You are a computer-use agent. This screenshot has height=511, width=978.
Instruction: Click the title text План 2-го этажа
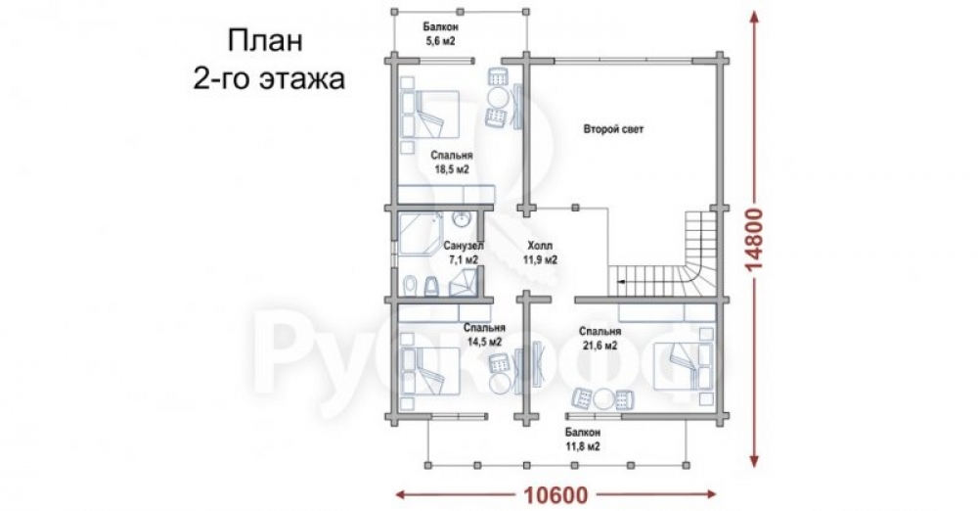point(269,60)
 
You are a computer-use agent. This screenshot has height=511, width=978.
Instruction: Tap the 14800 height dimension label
point(755,240)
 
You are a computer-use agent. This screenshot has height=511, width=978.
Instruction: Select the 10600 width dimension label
point(556,495)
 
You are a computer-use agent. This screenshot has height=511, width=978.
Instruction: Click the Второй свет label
point(614,130)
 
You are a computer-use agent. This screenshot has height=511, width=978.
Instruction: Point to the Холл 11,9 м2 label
point(540,253)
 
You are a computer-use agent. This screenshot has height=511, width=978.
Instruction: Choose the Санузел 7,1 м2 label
point(462,253)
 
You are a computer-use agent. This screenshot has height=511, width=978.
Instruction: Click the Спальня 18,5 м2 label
point(452,162)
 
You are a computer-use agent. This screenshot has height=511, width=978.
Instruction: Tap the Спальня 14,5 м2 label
point(485,334)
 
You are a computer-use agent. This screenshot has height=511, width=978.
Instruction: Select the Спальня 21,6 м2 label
point(600,338)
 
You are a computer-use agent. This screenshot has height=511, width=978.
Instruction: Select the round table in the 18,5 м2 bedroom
point(499,98)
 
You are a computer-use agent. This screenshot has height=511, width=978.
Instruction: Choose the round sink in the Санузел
point(462,220)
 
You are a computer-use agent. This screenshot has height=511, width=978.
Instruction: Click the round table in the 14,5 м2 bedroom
point(500,383)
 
